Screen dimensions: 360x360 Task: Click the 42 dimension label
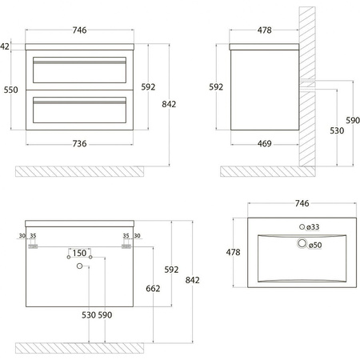point(5,46)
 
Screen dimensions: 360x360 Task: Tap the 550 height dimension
point(11,90)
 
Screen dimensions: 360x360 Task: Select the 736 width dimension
point(79,144)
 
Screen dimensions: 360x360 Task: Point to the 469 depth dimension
point(265,144)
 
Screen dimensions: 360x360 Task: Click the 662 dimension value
point(153,288)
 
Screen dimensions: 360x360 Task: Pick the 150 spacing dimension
point(79,253)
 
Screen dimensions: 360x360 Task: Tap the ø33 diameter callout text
point(313,227)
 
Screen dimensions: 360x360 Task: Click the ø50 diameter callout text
point(315,245)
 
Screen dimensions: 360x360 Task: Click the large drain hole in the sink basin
point(302,243)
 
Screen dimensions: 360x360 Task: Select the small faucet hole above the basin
point(302,227)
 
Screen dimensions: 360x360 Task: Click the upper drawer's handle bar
point(79,62)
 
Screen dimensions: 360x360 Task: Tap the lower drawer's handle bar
point(79,102)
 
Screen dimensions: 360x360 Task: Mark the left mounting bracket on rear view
point(33,246)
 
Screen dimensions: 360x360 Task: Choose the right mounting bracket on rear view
point(126,246)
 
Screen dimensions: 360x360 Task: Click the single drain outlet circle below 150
point(79,266)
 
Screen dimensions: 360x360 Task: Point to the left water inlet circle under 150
point(69,257)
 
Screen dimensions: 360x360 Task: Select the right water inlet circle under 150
point(90,257)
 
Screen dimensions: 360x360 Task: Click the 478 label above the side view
point(265,30)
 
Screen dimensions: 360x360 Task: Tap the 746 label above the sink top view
point(302,203)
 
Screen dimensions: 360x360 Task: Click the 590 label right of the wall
point(353,120)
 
